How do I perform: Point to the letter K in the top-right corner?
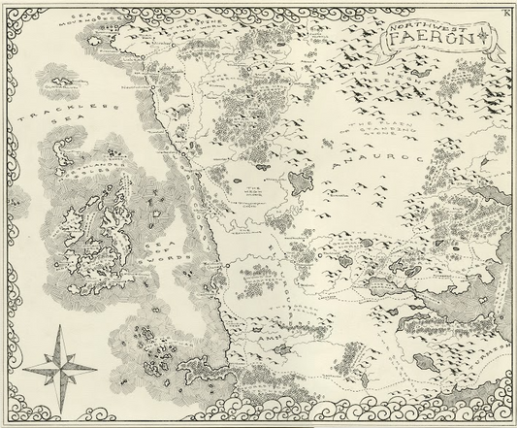click(505, 10)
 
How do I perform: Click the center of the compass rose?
click(55, 365)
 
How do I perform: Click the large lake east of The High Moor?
click(299, 180)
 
